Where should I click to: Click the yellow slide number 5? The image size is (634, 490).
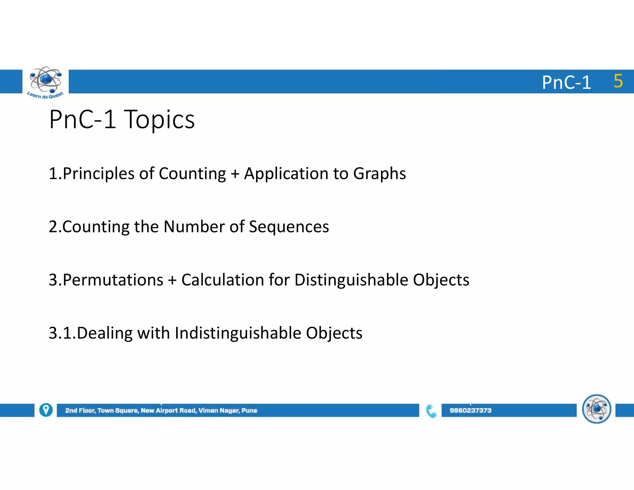tap(618, 81)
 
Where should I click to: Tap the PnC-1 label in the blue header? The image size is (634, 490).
tap(566, 83)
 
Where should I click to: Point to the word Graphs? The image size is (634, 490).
tap(379, 174)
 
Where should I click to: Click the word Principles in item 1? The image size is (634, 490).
tap(99, 174)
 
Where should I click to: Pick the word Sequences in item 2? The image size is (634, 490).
tap(289, 227)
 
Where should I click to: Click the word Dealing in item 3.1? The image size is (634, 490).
tap(105, 333)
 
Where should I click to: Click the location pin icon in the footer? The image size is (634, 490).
tap(46, 410)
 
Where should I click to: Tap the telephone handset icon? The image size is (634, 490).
tap(431, 411)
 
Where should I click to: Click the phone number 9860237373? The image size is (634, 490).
tap(470, 410)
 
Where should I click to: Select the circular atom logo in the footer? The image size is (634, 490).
tap(596, 409)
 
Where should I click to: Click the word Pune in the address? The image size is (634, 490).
tap(249, 410)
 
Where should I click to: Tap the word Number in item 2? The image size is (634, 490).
tap(194, 227)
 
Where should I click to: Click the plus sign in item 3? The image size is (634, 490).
tap(172, 280)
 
